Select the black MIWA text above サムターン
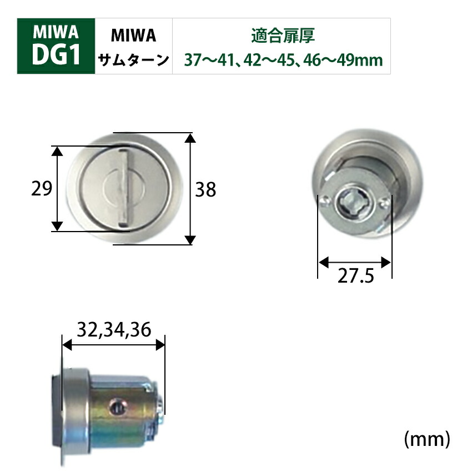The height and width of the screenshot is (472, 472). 134,36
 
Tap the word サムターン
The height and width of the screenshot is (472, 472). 134,59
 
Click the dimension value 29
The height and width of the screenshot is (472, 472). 41,189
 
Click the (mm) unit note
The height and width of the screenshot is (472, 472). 426,439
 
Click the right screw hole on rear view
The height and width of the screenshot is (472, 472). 382,205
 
